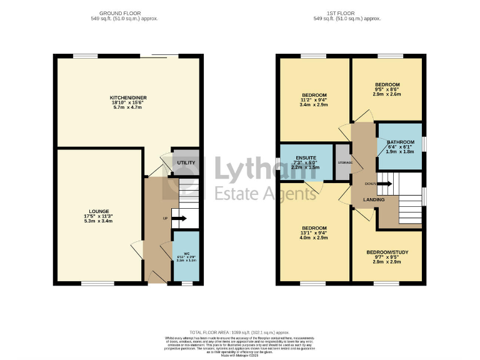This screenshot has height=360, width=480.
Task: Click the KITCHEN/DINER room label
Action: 127,98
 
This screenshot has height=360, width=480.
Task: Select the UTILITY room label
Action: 186,163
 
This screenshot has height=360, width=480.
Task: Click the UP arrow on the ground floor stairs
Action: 179,218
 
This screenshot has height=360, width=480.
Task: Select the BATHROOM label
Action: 400,142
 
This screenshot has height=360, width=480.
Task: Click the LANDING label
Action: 374,199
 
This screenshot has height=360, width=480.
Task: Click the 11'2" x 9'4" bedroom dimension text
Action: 314,100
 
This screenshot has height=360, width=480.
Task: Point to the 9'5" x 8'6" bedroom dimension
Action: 387,89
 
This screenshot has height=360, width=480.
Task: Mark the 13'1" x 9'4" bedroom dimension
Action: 314,233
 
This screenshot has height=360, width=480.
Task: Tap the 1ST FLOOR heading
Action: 347,12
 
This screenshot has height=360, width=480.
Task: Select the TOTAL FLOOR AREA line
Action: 239,332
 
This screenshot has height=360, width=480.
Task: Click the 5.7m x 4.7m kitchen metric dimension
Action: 127,107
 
